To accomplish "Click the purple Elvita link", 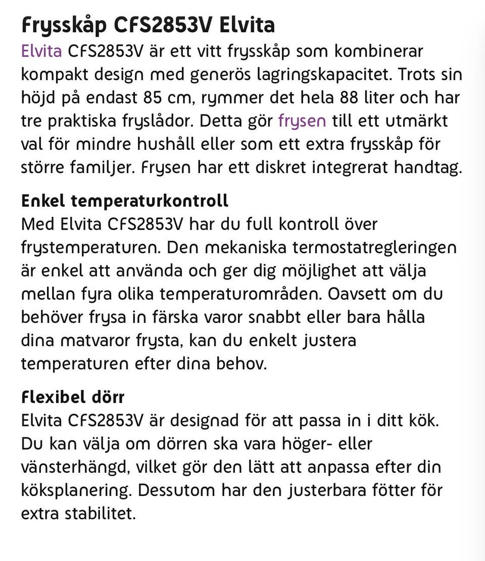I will [x=41, y=51].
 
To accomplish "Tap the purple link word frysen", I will [x=302, y=121].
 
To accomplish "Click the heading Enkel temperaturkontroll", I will [x=124, y=201].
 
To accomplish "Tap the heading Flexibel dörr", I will [x=72, y=397].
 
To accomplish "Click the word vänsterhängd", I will [x=75, y=467].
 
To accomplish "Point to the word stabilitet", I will [x=100, y=513].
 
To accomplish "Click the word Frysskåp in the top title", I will [x=63, y=25].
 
